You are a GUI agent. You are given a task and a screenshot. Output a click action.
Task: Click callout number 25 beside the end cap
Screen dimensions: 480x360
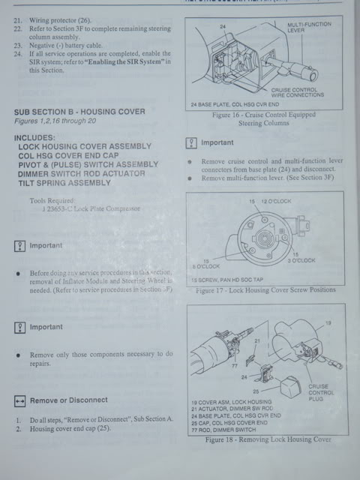pyautogui.click(x=256, y=391)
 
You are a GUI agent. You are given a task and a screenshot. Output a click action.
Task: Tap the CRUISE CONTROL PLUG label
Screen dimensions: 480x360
pyautogui.click(x=322, y=392)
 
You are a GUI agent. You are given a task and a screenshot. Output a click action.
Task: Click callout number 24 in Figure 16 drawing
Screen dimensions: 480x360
pyautogui.click(x=222, y=26)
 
